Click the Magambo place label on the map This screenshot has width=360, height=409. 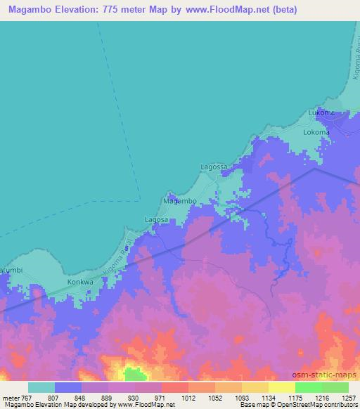pos(179,201)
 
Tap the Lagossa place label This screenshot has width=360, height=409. pos(214,167)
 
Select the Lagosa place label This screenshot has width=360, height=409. pos(156,219)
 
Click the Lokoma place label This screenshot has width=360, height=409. pos(316,132)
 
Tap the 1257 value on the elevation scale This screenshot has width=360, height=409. pos(340,397)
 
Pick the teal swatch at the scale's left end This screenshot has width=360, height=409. pos(41,387)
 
